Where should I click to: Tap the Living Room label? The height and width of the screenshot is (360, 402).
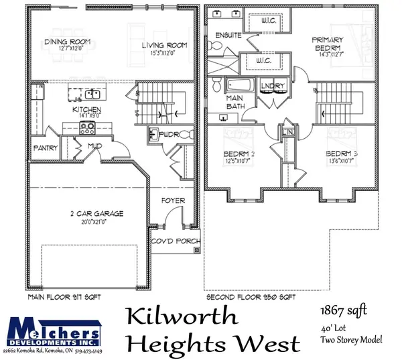pos(164,46)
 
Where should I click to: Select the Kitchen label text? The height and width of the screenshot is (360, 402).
pos(88,109)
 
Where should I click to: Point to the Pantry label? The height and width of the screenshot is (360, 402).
pos(45,148)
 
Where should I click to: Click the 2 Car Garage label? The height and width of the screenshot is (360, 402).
pos(95,214)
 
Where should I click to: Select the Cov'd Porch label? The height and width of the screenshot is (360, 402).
pos(174,241)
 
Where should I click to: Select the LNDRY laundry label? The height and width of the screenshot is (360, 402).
pos(275,86)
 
